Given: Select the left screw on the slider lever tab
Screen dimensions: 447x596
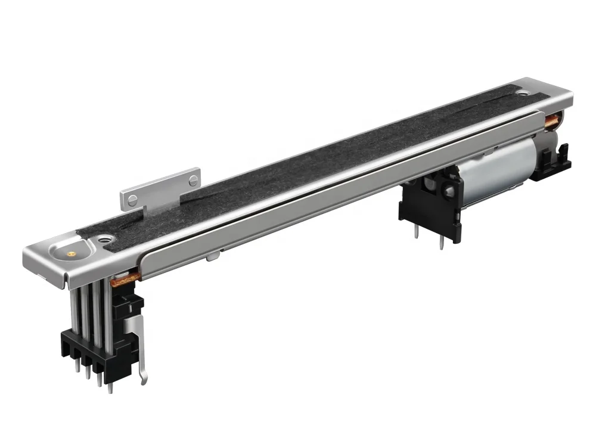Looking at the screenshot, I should (x=134, y=198).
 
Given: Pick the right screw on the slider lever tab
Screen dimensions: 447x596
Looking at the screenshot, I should (x=192, y=176).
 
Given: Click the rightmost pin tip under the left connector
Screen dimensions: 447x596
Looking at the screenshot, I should (x=110, y=389).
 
